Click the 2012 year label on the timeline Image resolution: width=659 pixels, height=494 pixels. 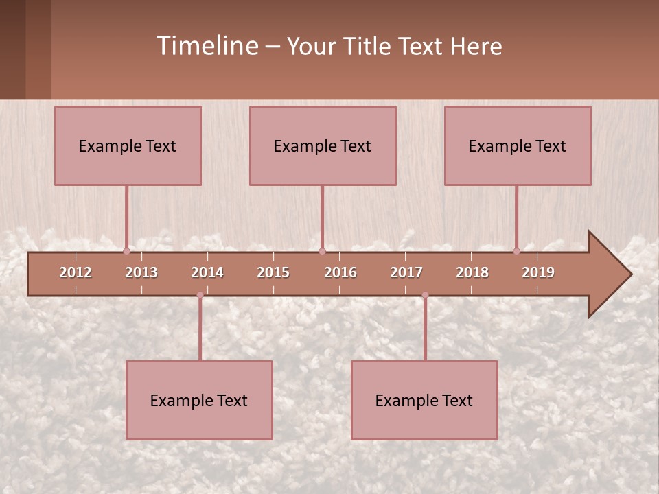coord(76,272)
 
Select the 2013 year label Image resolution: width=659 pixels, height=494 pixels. coord(141,272)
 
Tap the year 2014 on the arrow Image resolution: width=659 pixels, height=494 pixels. coord(207,272)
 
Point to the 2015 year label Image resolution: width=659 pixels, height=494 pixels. coord(273,272)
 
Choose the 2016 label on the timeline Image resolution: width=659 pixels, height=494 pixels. coord(340,272)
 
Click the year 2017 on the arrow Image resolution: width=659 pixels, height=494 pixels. coord(406,272)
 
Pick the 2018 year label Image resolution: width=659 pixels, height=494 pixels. coord(472,272)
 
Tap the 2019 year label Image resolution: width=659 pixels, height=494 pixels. coord(538,272)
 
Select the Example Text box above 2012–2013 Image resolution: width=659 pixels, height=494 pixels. coord(128,145)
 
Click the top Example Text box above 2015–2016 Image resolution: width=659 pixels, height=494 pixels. coord(323,145)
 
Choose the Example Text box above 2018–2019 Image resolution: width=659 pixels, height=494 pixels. coord(518,145)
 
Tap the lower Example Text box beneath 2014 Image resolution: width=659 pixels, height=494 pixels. coord(199,400)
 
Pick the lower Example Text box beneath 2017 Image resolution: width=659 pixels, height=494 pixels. coord(424,400)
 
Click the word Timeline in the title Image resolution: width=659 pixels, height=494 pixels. coord(207,46)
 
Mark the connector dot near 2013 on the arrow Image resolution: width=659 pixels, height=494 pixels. coord(126,251)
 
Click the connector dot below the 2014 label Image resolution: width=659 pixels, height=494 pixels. coord(200,295)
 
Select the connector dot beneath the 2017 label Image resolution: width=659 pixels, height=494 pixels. coord(425,295)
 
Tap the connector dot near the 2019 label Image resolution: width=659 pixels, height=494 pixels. coord(516,251)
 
